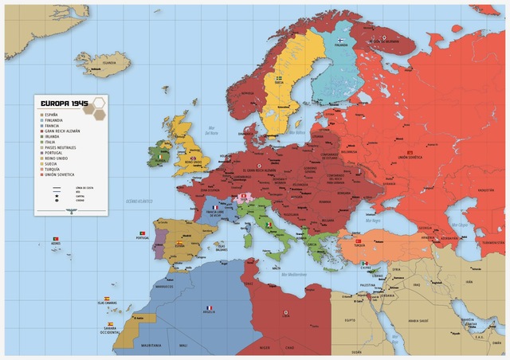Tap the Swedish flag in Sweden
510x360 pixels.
click(279, 78)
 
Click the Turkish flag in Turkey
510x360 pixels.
click(359, 240)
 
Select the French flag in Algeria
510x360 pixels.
click(210, 308)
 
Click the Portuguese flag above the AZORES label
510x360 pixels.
click(55, 239)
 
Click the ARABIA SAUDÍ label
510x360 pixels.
click(418, 321)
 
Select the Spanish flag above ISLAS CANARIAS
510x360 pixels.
click(107, 298)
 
